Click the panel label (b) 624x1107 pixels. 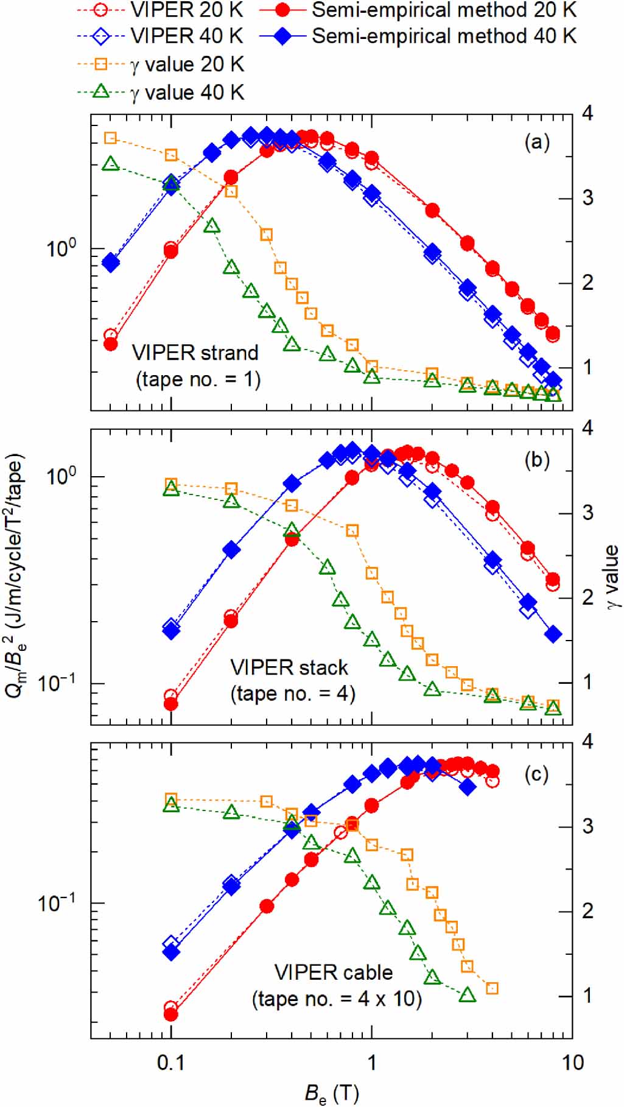(x=536, y=460)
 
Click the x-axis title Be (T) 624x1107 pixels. (x=331, y=1093)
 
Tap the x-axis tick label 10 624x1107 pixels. (x=572, y=1063)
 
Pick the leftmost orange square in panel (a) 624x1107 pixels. (x=110, y=138)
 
